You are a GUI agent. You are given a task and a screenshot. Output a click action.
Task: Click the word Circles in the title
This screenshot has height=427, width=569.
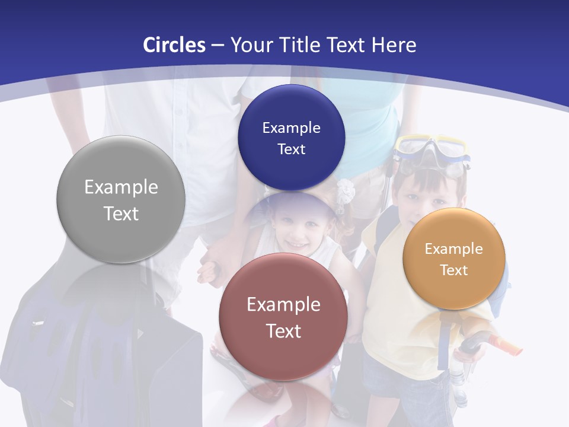(174, 45)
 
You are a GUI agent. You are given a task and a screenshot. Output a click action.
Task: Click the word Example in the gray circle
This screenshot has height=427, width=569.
(121, 187)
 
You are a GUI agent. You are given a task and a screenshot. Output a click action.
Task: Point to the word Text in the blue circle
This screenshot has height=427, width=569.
(291, 149)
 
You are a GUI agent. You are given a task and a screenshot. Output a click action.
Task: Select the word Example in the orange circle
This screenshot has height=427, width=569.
(453, 249)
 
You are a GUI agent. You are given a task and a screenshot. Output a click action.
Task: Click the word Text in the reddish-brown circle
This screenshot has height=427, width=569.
(283, 331)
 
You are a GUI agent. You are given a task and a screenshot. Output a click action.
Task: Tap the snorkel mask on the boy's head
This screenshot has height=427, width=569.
(431, 152)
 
